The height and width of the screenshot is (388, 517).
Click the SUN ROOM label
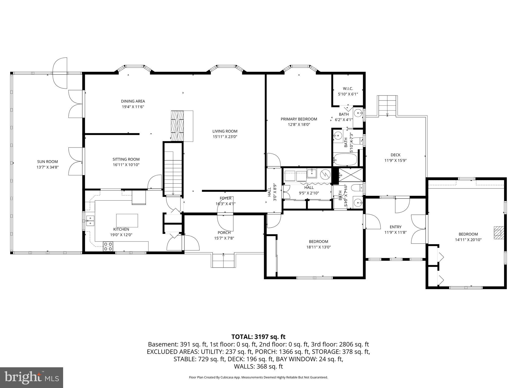[47, 162]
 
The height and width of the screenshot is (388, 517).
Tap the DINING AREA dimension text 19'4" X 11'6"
[133, 107]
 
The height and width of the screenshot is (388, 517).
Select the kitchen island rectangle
[127, 221]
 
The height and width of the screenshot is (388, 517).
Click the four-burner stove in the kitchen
[108, 247]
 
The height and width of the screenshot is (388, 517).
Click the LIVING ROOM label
[225, 131]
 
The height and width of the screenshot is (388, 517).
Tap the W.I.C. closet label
[348, 89]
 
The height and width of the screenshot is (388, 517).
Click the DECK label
[395, 155]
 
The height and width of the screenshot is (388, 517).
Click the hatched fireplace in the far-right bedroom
[499, 232]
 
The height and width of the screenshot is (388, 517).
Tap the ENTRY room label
[395, 227]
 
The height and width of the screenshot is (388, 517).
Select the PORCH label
[224, 233]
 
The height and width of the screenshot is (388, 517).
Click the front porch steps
[223, 260]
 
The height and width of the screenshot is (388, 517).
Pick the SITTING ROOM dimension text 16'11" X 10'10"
[126, 165]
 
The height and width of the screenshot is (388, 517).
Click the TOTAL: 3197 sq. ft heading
[258, 337]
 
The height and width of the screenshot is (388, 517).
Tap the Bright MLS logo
[32, 378]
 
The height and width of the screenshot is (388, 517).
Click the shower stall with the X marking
[351, 175]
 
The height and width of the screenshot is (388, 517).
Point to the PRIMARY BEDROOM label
[299, 119]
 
